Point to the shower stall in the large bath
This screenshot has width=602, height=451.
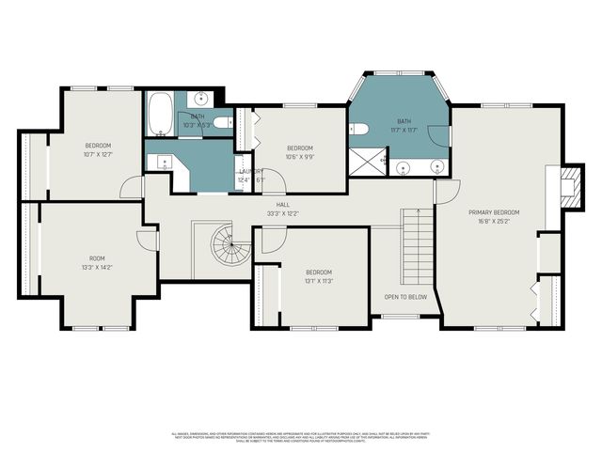[362, 163]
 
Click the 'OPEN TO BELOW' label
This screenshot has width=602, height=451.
[405, 297]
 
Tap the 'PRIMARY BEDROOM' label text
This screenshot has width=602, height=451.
[494, 213]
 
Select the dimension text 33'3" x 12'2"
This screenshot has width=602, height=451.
[282, 213]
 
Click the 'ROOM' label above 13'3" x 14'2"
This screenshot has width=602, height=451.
[97, 258]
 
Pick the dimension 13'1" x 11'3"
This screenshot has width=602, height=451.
[319, 281]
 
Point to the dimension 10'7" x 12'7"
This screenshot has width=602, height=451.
[98, 154]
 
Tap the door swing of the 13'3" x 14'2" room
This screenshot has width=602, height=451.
[149, 239]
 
